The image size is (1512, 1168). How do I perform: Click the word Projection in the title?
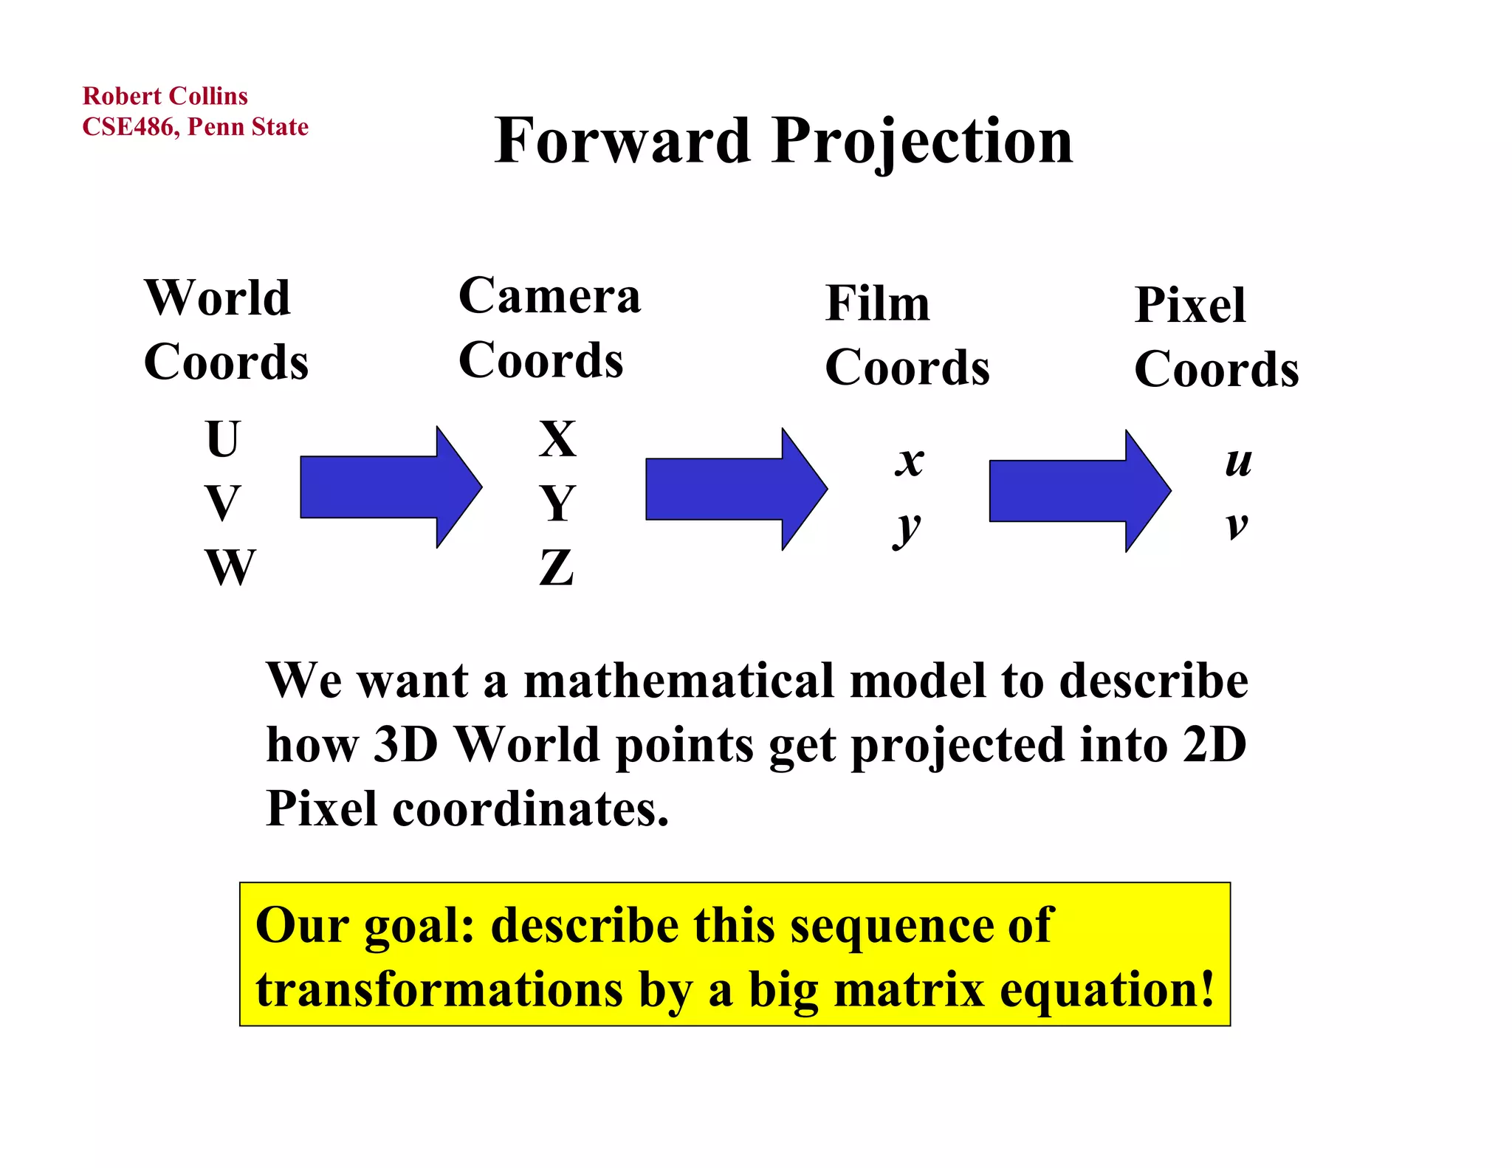(x=922, y=142)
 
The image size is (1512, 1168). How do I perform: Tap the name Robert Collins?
(x=165, y=96)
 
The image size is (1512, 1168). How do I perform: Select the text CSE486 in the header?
(x=128, y=127)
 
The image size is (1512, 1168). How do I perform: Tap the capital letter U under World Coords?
(x=221, y=439)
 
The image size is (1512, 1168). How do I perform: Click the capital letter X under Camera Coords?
(x=557, y=439)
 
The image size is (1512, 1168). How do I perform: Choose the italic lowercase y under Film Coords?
(x=907, y=527)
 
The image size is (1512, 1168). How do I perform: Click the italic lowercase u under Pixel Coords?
(x=1238, y=462)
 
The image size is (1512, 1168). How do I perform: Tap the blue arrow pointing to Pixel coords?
(x=1079, y=491)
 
